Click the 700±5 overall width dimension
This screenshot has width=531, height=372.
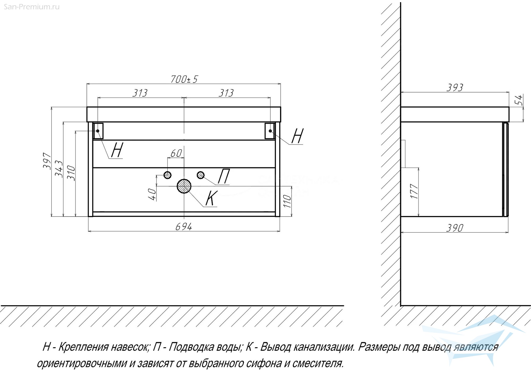click(x=184, y=79)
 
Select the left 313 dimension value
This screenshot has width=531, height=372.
click(x=140, y=93)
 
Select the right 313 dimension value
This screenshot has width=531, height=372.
click(x=226, y=93)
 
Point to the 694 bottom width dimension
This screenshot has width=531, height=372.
click(x=184, y=227)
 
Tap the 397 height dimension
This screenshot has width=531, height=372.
click(x=47, y=161)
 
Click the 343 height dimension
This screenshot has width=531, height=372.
click(x=59, y=169)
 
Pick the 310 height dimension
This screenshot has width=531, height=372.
click(x=71, y=173)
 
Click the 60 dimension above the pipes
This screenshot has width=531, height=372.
click(x=176, y=153)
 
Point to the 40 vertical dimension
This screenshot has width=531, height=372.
click(x=152, y=194)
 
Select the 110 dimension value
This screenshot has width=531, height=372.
click(x=287, y=201)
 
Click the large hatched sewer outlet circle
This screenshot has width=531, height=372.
click(x=184, y=186)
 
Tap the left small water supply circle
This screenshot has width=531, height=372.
click(x=167, y=175)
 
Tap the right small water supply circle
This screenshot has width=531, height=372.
click(x=201, y=175)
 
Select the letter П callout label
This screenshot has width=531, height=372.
click(x=224, y=176)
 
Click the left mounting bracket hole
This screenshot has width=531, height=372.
click(x=98, y=131)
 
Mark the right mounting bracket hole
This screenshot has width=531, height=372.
click(x=270, y=131)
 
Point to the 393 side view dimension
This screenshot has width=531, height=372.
click(x=455, y=87)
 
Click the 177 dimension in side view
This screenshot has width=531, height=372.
click(x=414, y=191)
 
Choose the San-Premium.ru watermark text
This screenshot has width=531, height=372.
click(x=32, y=7)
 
